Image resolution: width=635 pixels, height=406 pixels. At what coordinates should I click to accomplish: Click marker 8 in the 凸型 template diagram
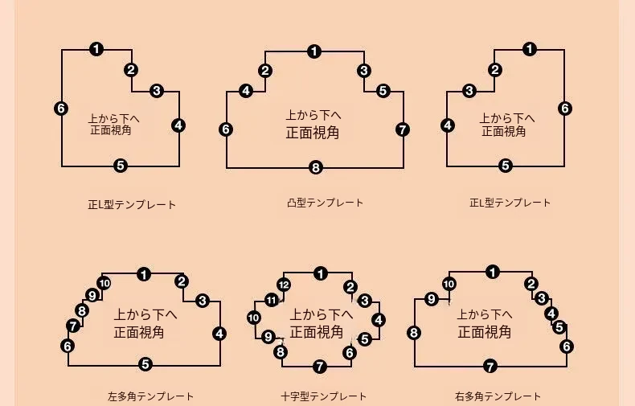(x=315, y=168)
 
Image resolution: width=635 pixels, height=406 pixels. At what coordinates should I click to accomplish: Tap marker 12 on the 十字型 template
(x=283, y=285)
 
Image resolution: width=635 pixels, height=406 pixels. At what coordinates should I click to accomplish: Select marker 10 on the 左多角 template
(x=104, y=281)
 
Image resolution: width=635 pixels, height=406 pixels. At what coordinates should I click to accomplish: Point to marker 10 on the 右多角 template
(x=449, y=284)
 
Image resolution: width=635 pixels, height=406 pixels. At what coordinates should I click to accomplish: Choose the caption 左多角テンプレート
(x=150, y=396)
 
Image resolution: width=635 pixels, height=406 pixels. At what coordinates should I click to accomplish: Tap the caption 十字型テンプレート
(x=324, y=396)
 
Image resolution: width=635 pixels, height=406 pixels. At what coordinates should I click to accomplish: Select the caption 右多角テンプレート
(x=498, y=396)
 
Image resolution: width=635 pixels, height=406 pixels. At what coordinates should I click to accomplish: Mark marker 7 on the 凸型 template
(x=403, y=129)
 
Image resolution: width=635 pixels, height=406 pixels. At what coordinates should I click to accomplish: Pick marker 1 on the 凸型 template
(x=314, y=52)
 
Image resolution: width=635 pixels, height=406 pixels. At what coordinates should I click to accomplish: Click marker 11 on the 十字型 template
(x=272, y=301)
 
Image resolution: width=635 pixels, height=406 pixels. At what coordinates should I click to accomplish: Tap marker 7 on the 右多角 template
(x=490, y=367)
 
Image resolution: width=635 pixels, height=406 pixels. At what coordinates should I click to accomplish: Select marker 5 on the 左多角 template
(x=145, y=365)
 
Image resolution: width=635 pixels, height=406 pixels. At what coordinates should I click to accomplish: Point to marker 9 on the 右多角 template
(x=432, y=299)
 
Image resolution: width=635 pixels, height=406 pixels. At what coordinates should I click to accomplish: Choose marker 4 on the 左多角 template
(x=219, y=334)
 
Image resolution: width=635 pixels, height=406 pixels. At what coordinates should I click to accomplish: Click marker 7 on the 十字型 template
(x=320, y=367)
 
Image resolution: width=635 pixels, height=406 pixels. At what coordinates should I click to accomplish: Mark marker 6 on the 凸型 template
(x=226, y=129)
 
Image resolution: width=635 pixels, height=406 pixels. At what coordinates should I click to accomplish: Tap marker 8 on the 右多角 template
(x=414, y=333)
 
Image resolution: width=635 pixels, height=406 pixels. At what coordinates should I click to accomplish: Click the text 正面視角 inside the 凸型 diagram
(x=313, y=133)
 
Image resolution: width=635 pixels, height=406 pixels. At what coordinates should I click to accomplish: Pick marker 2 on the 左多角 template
(x=182, y=281)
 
